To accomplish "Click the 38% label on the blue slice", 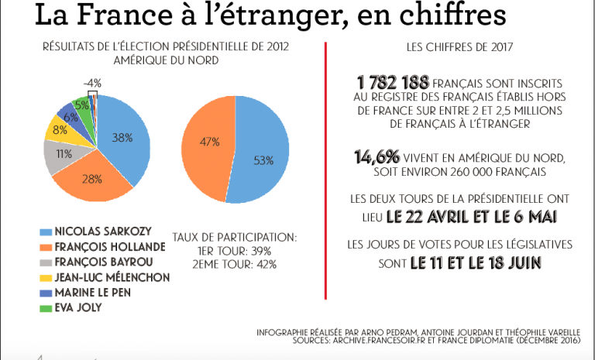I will tap(122, 137).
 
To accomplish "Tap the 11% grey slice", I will tap(63, 153).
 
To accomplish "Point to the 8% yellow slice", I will tap(60, 129).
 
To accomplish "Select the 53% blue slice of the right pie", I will tap(263, 160).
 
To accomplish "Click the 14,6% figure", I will tap(375, 157).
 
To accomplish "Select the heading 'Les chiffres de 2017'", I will tap(456, 47).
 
